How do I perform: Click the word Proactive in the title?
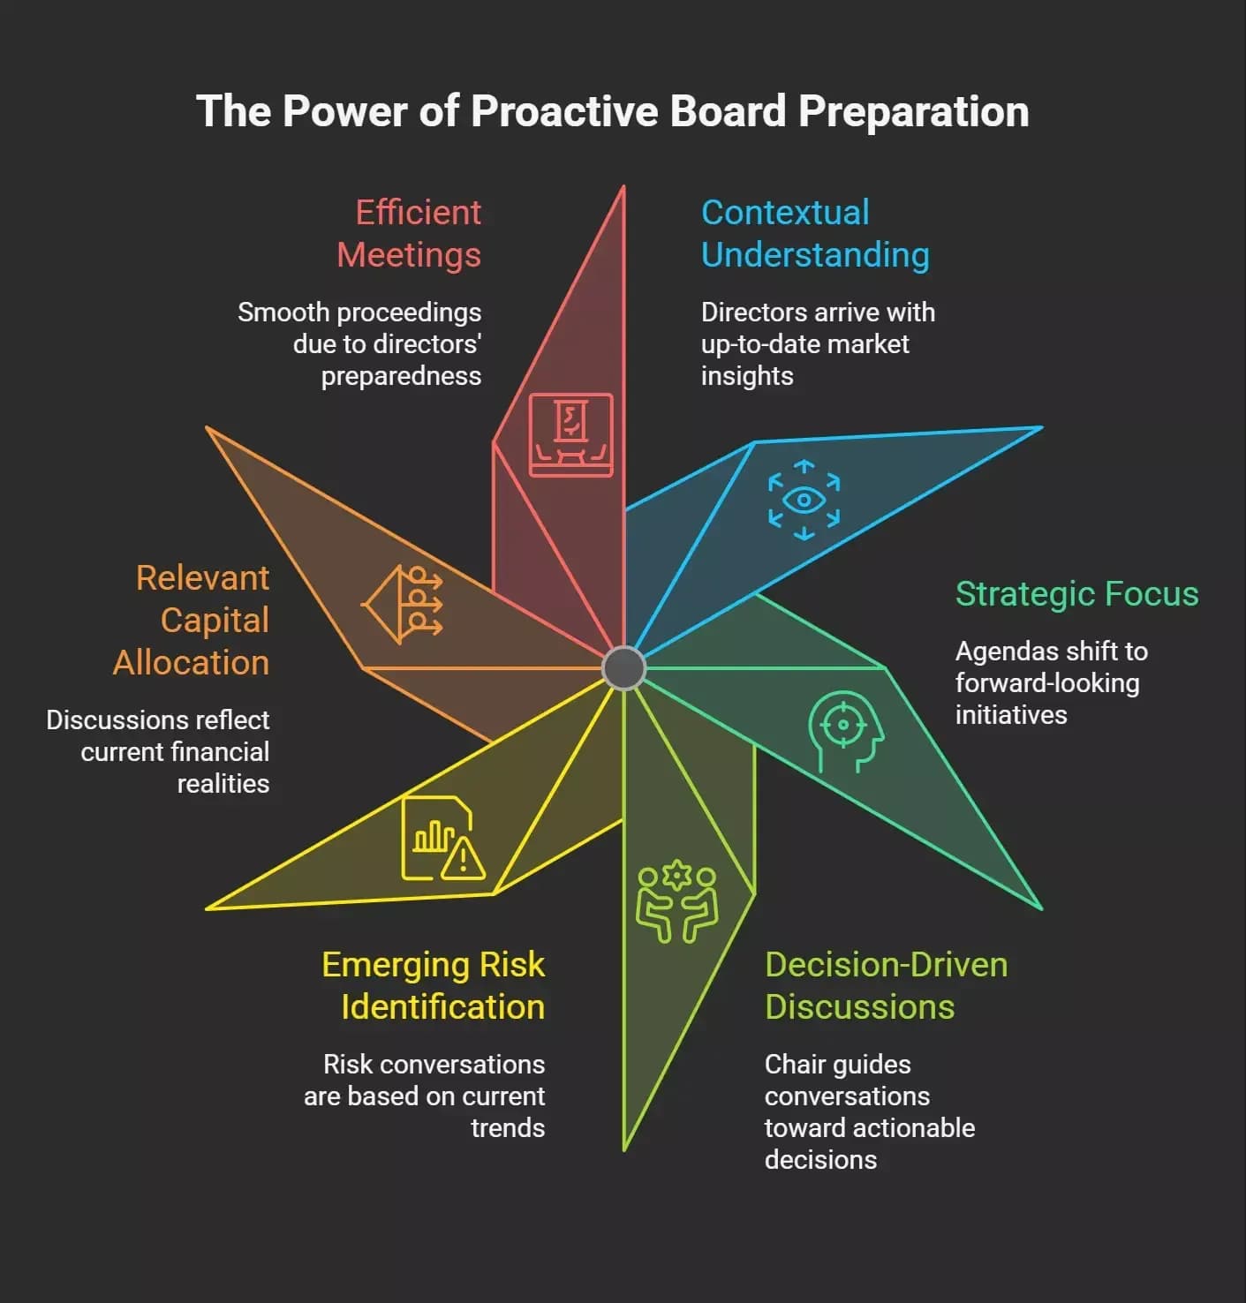(x=565, y=111)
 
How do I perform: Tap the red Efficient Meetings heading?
(x=410, y=234)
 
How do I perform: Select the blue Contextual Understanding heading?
(x=815, y=234)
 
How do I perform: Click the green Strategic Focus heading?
(x=1077, y=594)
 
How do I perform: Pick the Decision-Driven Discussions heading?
(x=887, y=985)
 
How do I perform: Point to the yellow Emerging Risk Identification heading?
(x=434, y=985)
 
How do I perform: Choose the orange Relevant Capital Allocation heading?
(x=191, y=620)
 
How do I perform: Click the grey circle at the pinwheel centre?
(x=623, y=667)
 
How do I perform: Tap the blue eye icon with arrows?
(x=804, y=500)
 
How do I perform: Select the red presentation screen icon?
(x=570, y=434)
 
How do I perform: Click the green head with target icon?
(x=846, y=731)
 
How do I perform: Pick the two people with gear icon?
(x=676, y=900)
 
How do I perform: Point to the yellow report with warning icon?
(x=442, y=838)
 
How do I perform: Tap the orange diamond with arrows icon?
(x=402, y=605)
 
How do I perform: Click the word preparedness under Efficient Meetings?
(x=401, y=376)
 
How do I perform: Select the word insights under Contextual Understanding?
(x=747, y=376)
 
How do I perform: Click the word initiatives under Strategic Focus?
(x=1011, y=715)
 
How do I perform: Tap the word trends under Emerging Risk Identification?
(x=508, y=1128)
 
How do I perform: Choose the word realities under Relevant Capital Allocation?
(x=223, y=784)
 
